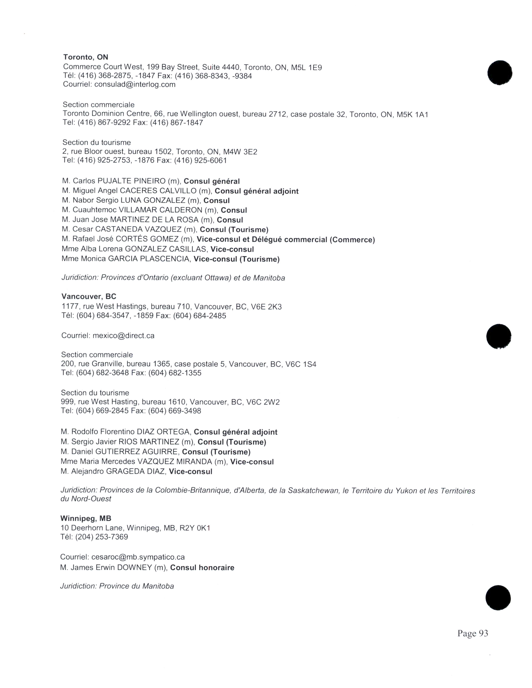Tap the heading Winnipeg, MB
pos(86,518)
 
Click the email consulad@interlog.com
pos(135,84)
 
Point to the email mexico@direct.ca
pos(124,335)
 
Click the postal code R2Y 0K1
pos(195,528)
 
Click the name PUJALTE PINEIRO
pos(131,181)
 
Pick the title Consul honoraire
pos(202,568)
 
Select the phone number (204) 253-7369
pos(101,537)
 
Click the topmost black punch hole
pos(499,73)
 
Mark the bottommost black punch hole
pos(498,598)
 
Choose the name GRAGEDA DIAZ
pos(135,472)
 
